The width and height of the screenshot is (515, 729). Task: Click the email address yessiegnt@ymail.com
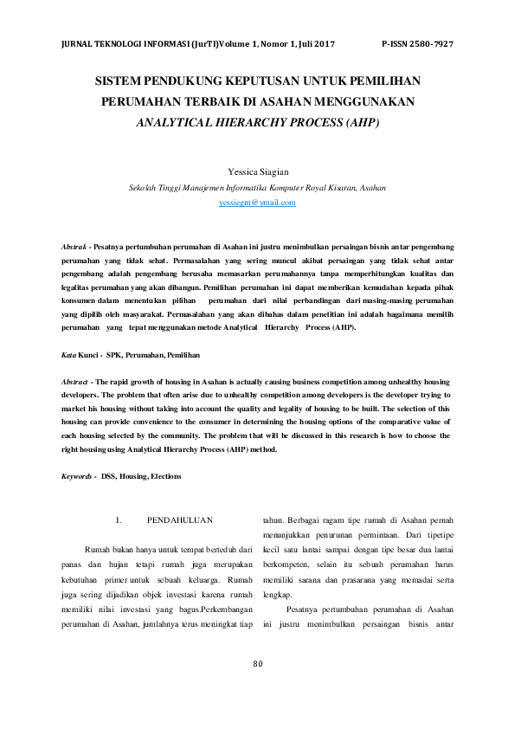pyautogui.click(x=257, y=203)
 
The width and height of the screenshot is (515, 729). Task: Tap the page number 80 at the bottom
pyautogui.click(x=257, y=688)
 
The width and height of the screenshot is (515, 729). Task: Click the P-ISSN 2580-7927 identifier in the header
pyautogui.click(x=417, y=44)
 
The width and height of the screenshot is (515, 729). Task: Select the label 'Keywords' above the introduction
pyautogui.click(x=78, y=476)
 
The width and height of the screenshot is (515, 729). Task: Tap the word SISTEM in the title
pyautogui.click(x=119, y=81)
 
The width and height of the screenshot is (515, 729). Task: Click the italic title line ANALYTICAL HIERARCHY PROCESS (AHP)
pyautogui.click(x=257, y=123)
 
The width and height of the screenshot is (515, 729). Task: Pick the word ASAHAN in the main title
pyautogui.click(x=314, y=102)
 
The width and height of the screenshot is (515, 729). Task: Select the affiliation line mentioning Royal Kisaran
pyautogui.click(x=257, y=187)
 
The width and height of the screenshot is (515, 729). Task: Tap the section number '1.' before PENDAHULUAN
pyautogui.click(x=118, y=519)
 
